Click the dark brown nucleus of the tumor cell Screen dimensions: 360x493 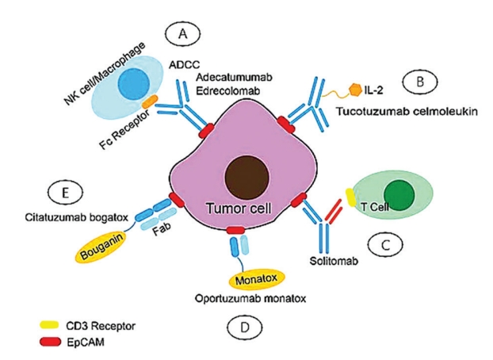[246, 179]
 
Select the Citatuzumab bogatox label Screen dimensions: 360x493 [77, 215]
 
